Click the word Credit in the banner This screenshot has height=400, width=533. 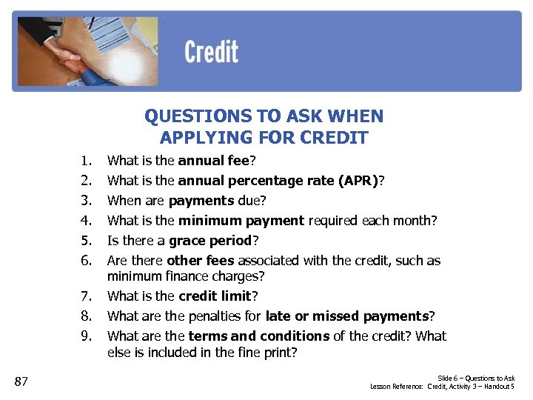[211, 52]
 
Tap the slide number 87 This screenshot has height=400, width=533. [21, 381]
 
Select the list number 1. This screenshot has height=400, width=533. [87, 160]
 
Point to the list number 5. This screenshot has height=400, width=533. [87, 241]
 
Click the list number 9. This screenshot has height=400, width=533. [87, 336]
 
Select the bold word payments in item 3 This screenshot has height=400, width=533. [201, 201]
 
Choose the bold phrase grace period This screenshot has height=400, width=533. [210, 241]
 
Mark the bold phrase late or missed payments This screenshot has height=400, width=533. [346, 316]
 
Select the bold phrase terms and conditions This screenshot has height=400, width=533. [259, 336]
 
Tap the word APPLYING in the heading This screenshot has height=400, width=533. [195, 137]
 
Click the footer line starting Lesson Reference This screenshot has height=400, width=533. [442, 387]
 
